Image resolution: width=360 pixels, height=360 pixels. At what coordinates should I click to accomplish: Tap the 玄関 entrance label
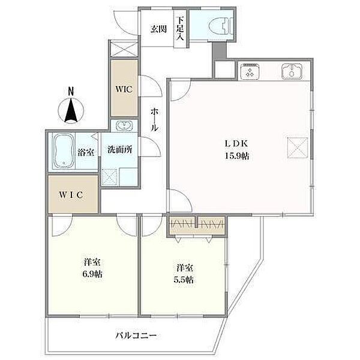click(x=158, y=29)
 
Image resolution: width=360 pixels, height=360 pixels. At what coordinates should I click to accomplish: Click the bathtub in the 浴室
click(x=64, y=151)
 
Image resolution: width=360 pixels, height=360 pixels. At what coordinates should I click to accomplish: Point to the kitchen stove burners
click(x=250, y=71)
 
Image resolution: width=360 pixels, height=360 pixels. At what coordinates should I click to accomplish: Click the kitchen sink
click(x=292, y=71)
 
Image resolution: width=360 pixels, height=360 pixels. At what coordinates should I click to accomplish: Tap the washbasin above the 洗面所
click(x=124, y=125)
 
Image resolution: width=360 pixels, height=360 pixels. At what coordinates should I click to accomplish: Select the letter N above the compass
click(x=71, y=92)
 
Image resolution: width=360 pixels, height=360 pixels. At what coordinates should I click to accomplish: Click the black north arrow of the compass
click(x=71, y=110)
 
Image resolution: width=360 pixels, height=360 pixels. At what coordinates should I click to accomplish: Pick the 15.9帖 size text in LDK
click(x=237, y=156)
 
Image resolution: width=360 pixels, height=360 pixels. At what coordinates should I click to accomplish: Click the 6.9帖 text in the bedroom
click(x=92, y=274)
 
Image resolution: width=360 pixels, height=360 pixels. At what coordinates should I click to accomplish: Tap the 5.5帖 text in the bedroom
click(x=184, y=280)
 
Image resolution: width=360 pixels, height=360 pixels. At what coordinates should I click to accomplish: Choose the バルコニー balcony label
click(x=136, y=336)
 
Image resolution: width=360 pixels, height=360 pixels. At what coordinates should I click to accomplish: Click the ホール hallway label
click(x=154, y=119)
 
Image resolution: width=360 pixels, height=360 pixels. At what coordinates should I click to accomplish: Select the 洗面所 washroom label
click(x=120, y=149)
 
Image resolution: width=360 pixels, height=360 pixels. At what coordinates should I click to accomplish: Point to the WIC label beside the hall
click(x=124, y=89)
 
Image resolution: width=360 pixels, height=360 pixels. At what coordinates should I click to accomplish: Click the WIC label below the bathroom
click(x=71, y=195)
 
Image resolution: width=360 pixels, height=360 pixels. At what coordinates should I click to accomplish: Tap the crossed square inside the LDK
click(x=298, y=148)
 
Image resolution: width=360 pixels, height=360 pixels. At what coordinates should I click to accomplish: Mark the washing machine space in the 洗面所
click(x=110, y=177)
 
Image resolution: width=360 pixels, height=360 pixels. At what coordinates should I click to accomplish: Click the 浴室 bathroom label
click(x=86, y=152)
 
